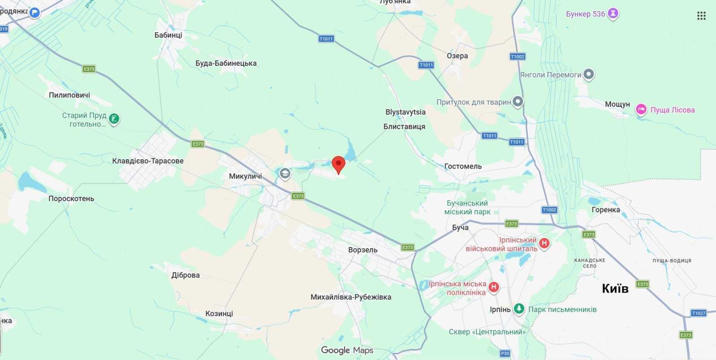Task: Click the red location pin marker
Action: pos(338,164)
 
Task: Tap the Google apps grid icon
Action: pos(701,16)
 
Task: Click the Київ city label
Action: pos(615,288)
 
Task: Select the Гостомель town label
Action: pos(463,166)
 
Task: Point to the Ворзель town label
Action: pos(362,250)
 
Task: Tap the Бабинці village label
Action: pos(168,35)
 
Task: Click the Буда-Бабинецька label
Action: pos(226,64)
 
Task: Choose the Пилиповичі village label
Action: pos(69,95)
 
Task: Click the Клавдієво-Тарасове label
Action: pos(148,161)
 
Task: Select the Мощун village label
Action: pos(617,104)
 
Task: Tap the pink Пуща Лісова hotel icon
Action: pos(641,110)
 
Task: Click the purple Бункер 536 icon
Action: pos(613,13)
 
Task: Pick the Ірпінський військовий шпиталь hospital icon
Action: pos(544,243)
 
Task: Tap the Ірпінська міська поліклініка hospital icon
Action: pos(494,287)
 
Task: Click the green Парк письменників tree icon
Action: pos(519,308)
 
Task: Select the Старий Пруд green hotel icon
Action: pos(114,119)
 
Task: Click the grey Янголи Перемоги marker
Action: pos(588,74)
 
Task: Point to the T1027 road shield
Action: pos(699,313)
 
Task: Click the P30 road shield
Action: pos(505,353)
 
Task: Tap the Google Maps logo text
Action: pos(347,350)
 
